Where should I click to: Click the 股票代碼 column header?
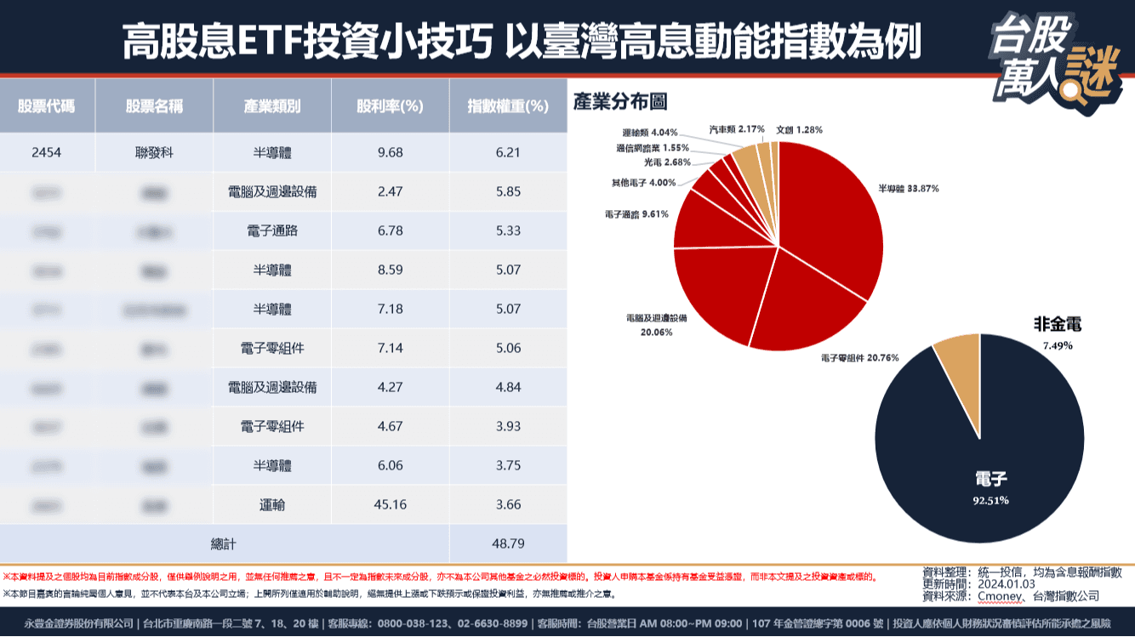pos(46,106)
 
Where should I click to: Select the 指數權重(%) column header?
pos(507,106)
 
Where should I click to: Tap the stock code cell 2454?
pos(46,152)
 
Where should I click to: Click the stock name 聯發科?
pos(154,152)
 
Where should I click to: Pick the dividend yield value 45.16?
pos(390,504)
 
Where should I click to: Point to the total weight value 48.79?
pos(507,542)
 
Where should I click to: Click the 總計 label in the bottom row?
pos(223,542)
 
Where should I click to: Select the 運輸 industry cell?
pos(271,504)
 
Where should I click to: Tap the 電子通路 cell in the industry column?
pos(271,230)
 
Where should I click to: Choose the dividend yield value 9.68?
pos(390,152)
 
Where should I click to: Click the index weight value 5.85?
pos(507,191)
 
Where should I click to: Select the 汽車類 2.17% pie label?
pos(737,129)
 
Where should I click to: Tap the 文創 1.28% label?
pos(799,129)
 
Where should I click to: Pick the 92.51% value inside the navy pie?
pos(990,500)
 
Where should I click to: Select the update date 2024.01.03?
pos(1008,584)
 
